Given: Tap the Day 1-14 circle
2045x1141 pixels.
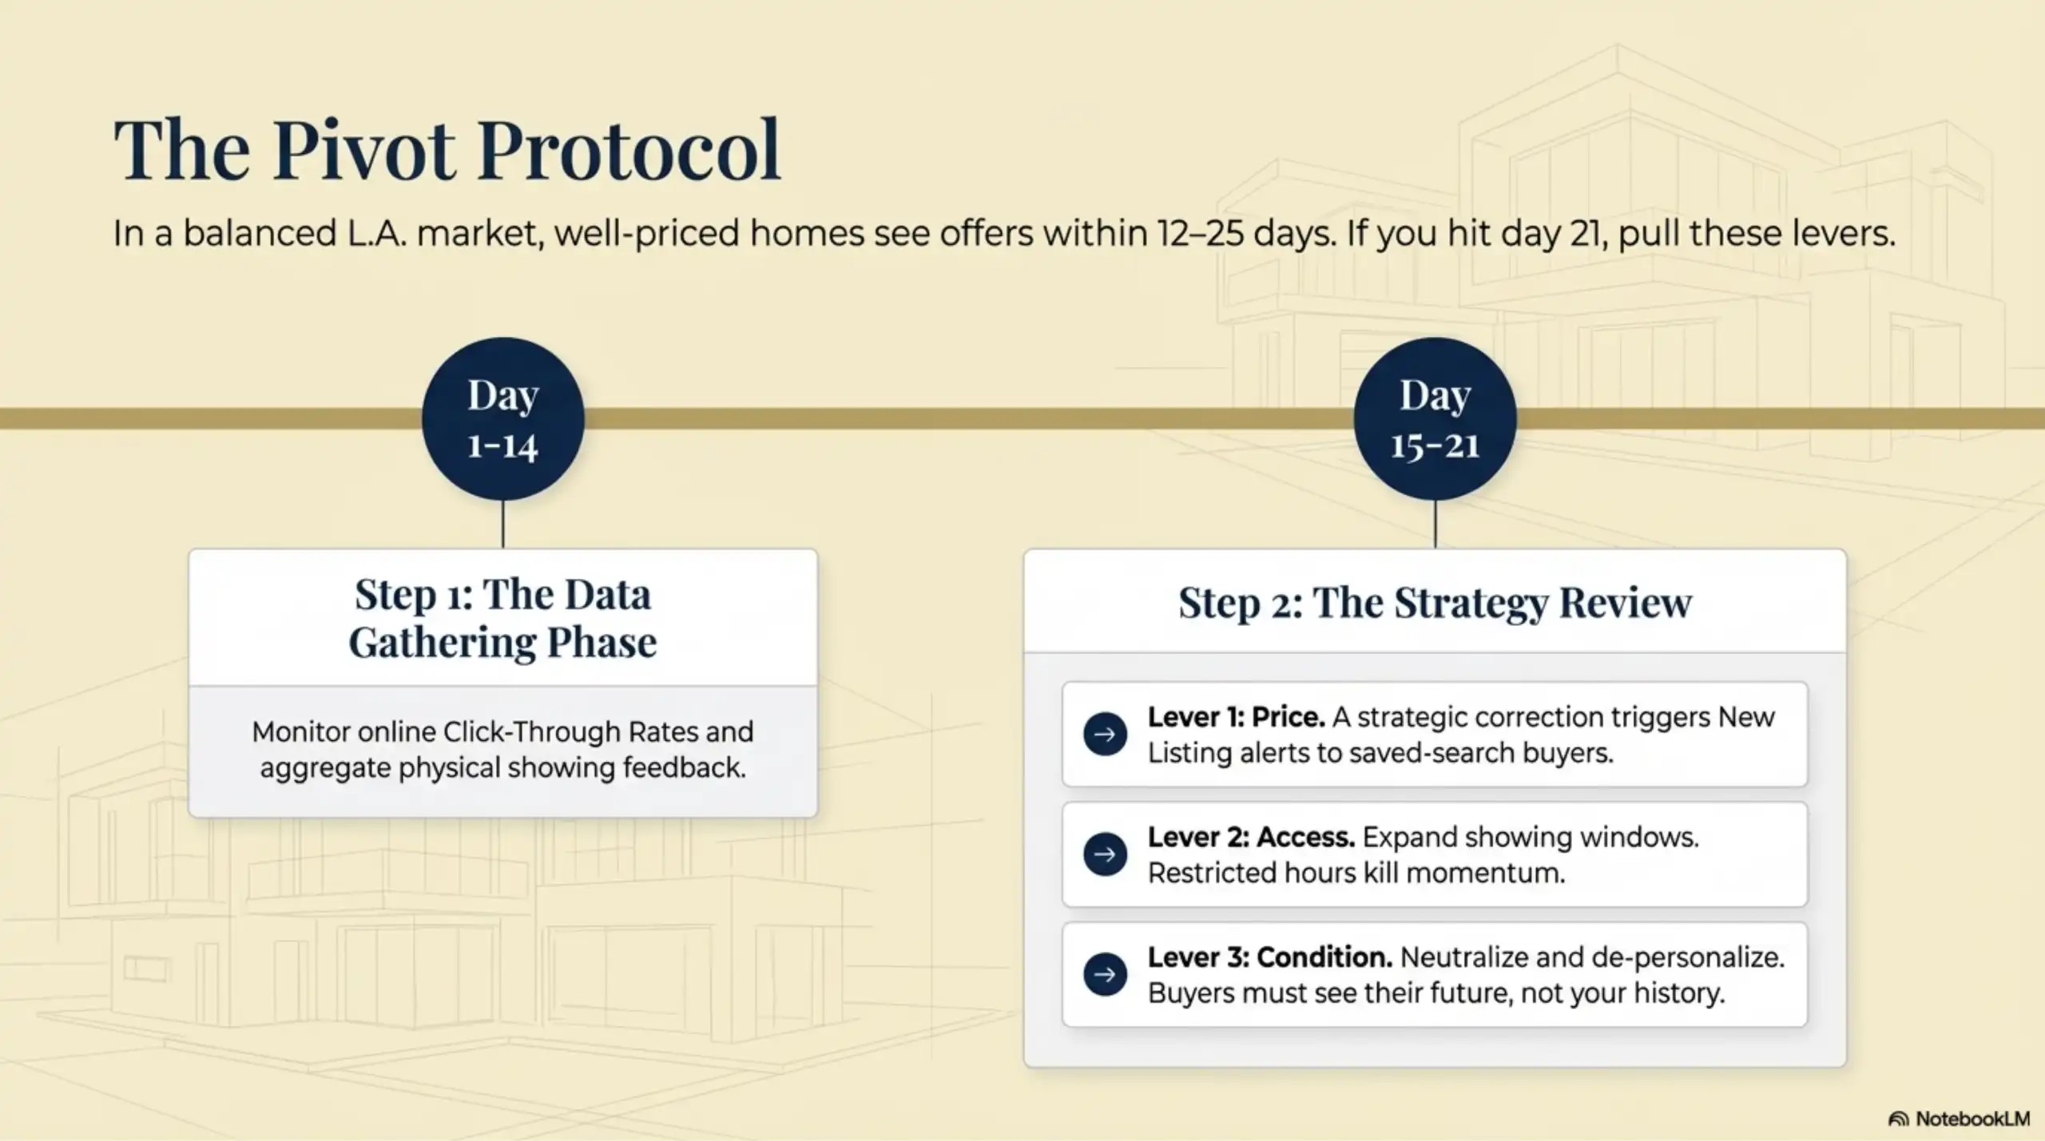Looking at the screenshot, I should (503, 419).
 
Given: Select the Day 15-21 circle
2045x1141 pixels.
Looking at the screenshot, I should (1435, 419).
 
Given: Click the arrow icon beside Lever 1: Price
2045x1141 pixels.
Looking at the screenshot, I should (1105, 735).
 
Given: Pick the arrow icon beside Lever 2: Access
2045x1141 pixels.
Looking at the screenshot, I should (1105, 854).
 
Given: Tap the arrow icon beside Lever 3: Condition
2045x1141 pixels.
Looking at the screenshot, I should (1105, 974).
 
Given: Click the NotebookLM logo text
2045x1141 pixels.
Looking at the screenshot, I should (1972, 1119).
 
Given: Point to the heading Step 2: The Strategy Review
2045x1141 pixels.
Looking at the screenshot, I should (1435, 602).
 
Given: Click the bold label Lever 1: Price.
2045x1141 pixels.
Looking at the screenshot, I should (1236, 717).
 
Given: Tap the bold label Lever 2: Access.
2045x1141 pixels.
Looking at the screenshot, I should (1251, 837).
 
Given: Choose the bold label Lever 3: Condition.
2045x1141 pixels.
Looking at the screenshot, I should (1270, 957).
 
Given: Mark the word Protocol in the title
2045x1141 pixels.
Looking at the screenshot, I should (629, 150).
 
